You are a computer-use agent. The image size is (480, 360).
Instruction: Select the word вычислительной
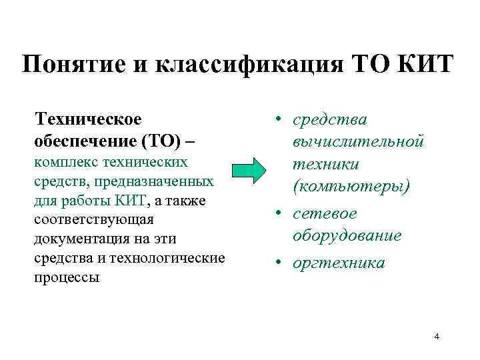[x=357, y=141]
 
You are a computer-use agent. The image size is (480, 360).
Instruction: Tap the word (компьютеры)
[x=351, y=186]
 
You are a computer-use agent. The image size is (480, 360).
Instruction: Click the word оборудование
[x=347, y=235]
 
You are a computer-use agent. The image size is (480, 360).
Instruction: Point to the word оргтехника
[x=338, y=263]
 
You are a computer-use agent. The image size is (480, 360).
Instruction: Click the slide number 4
[x=437, y=336]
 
